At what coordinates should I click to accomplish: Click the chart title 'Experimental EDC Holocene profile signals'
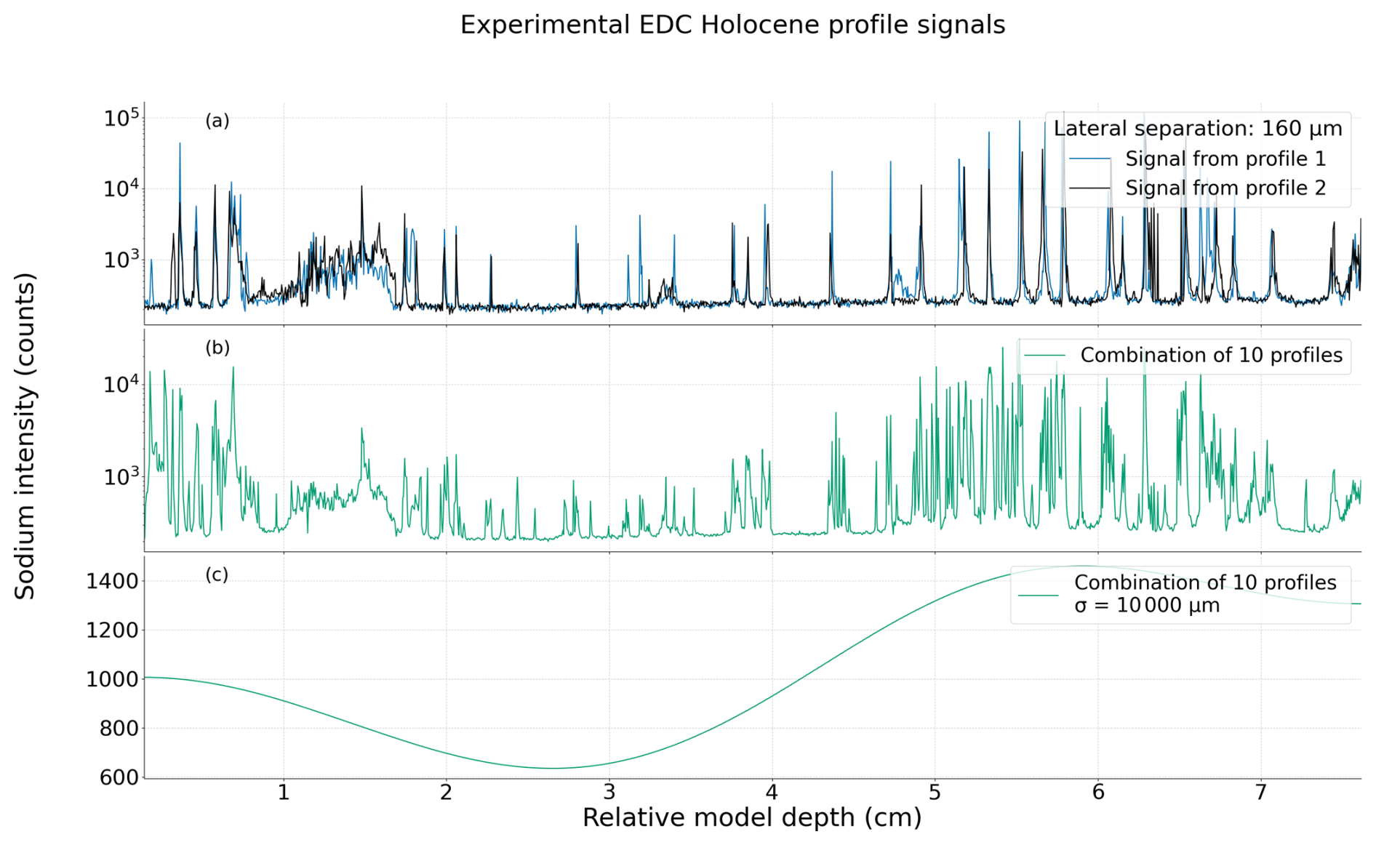click(x=732, y=25)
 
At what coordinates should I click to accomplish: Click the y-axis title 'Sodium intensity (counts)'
click(x=25, y=436)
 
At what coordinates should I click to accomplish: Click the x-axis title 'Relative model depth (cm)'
click(x=752, y=818)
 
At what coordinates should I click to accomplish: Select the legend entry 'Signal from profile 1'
click(x=1225, y=159)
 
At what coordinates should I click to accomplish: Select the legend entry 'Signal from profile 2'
click(x=1225, y=188)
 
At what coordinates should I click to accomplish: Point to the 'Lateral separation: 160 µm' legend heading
click(x=1197, y=129)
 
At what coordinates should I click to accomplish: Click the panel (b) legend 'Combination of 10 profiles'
click(x=1211, y=355)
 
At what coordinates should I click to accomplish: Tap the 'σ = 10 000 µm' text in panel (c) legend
click(x=1147, y=606)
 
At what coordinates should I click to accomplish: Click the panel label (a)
click(x=217, y=121)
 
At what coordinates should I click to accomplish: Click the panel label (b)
click(x=217, y=348)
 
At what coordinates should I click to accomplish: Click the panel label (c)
click(x=217, y=574)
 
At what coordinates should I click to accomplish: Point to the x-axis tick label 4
click(x=772, y=792)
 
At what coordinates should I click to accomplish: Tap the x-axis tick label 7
click(x=1260, y=792)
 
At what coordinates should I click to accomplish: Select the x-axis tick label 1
click(x=283, y=792)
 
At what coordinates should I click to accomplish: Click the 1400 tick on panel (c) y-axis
click(x=112, y=582)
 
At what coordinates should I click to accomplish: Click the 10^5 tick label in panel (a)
click(x=121, y=119)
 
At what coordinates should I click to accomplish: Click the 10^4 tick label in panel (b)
click(x=121, y=384)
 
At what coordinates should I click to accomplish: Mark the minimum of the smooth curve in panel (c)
click(x=553, y=768)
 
